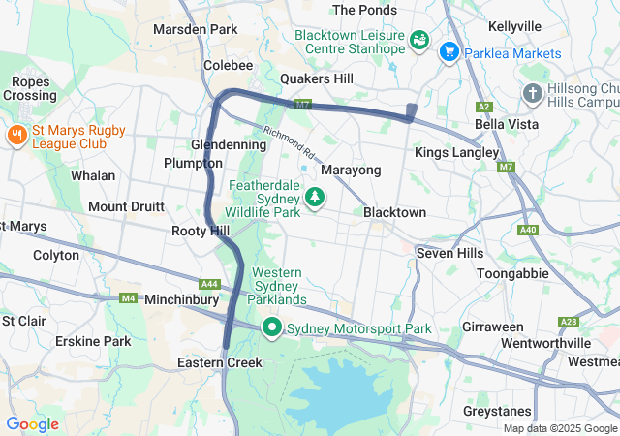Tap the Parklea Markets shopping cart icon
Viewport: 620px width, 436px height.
(449, 51)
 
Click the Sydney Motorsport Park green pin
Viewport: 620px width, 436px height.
(272, 328)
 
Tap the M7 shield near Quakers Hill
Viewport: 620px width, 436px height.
(303, 104)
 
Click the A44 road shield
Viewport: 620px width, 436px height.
(208, 284)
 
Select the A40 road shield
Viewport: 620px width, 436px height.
(528, 230)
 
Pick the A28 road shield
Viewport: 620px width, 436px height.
(569, 322)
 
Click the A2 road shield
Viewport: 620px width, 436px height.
(484, 107)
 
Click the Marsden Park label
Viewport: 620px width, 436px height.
(195, 29)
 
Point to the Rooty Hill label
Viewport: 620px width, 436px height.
(200, 231)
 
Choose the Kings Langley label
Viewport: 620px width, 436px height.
(456, 153)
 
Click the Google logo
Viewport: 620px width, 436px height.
(32, 424)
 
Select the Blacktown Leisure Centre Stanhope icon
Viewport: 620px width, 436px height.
(420, 40)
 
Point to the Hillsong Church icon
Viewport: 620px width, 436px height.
(532, 93)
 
